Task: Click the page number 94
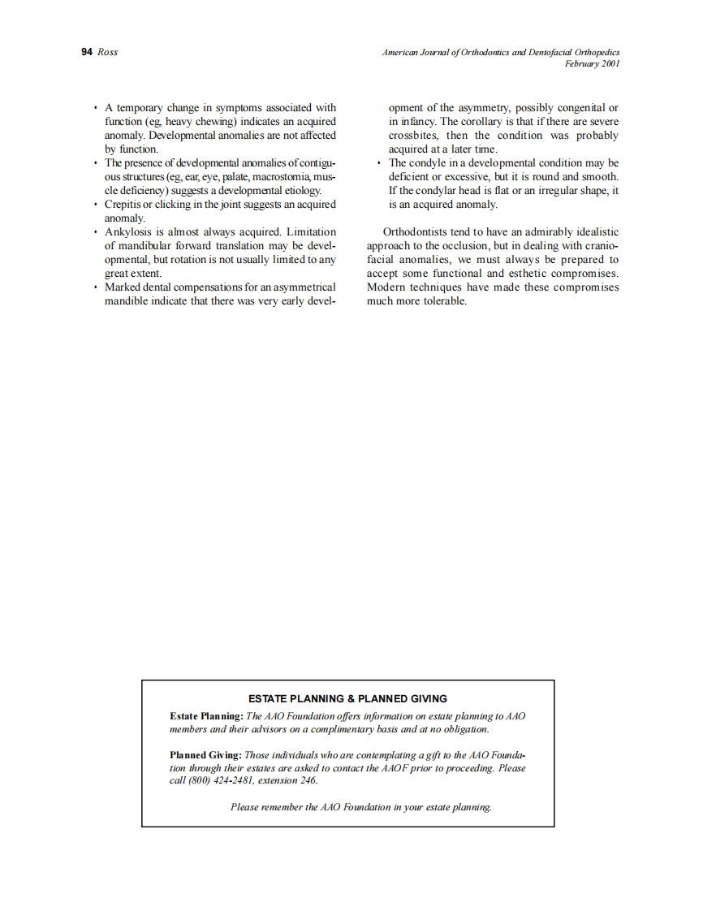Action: coord(87,52)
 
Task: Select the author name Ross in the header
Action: coord(108,52)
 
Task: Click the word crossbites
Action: coord(414,136)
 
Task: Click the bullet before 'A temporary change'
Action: coord(96,108)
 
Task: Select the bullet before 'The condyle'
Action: coord(379,163)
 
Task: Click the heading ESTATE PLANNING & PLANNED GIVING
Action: coord(347,698)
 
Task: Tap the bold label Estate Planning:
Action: coord(206,716)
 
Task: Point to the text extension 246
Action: coord(288,781)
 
